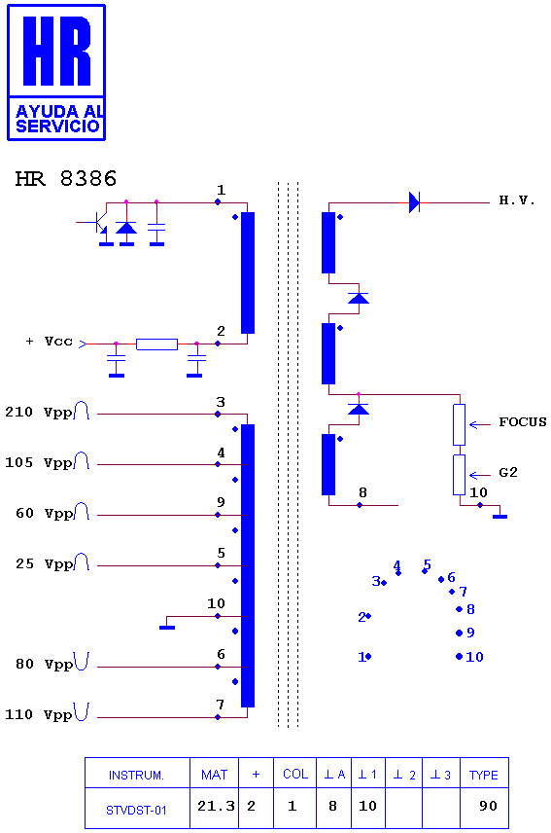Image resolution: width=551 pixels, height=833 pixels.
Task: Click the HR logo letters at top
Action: pos(56,51)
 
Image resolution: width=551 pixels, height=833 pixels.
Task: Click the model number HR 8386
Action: pos(66,179)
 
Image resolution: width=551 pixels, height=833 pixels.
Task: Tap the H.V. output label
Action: pos(517,200)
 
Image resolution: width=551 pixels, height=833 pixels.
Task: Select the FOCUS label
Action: pos(523,422)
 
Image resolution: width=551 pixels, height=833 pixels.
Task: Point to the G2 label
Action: pos(508,473)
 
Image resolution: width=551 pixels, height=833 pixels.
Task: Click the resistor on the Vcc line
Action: pos(157,344)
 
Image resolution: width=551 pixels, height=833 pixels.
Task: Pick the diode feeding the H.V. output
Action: pos(415,202)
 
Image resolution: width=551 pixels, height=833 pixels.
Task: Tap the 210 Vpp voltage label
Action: pos(38,413)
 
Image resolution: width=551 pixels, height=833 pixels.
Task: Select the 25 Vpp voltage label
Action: pos(44,564)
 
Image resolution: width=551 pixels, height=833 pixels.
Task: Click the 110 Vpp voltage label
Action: pos(38,715)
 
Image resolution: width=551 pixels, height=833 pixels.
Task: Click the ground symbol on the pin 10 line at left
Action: pos(167,628)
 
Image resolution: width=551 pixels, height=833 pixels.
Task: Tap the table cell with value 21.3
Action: pos(216,807)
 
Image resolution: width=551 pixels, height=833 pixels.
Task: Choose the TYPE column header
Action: pos(484,775)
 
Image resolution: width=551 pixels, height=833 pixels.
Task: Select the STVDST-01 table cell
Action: pos(136,811)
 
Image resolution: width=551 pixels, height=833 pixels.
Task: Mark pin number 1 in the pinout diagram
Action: pos(362,657)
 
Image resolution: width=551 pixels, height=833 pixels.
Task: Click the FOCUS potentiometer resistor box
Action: pos(460,425)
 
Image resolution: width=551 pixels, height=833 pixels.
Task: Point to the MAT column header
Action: pos(214,775)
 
